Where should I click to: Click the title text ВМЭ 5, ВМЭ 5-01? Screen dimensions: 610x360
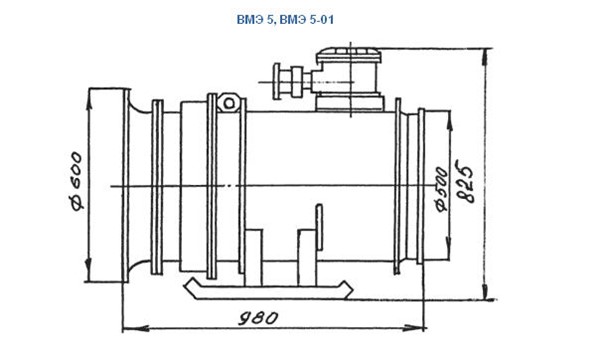(285, 19)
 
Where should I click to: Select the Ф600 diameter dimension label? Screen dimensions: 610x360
(76, 181)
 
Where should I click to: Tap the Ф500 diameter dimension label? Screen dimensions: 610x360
(442, 190)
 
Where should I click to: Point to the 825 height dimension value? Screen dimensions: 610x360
(465, 181)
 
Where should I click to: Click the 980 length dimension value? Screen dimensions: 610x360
(258, 318)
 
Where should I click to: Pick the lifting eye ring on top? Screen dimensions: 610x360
(229, 103)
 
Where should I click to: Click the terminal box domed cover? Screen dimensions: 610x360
(349, 55)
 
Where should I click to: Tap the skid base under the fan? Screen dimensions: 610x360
(268, 290)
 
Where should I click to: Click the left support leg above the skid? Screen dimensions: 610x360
(253, 257)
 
